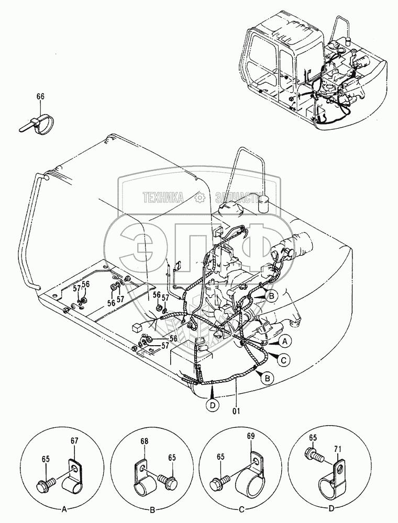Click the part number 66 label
pyautogui.click(x=40, y=97)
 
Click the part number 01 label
pyautogui.click(x=236, y=411)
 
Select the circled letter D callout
pyautogui.click(x=213, y=405)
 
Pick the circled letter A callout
pyautogui.click(x=284, y=341)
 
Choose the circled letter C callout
pyautogui.click(x=283, y=360)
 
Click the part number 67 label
pyautogui.click(x=74, y=440)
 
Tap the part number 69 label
pyautogui.click(x=251, y=436)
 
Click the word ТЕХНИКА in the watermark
pyautogui.click(x=163, y=198)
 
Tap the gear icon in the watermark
pyautogui.click(x=200, y=198)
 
